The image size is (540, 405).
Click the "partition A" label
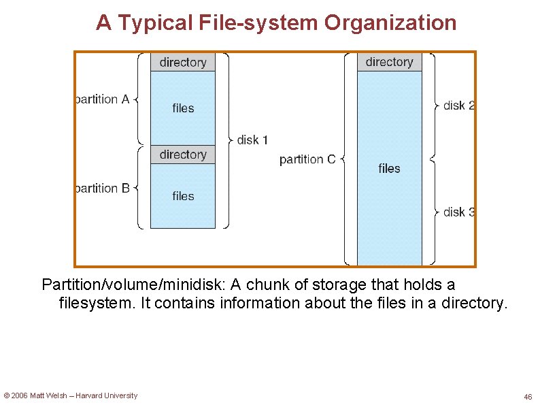coord(103,99)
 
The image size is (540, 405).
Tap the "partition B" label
coord(103,188)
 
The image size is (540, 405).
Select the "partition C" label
coord(307,159)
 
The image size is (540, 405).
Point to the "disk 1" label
coord(252,140)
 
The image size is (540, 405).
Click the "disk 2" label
coord(459,106)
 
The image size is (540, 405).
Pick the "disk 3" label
coord(459,212)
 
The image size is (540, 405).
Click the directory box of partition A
coord(183,63)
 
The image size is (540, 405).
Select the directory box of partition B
coord(183,155)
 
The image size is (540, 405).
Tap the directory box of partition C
coord(389,62)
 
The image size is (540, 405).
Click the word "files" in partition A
coord(183,108)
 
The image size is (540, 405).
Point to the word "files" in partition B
coord(183,196)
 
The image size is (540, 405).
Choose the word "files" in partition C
coord(389,168)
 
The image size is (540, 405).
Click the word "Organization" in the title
coord(390,22)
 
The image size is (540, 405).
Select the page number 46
coord(528,397)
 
